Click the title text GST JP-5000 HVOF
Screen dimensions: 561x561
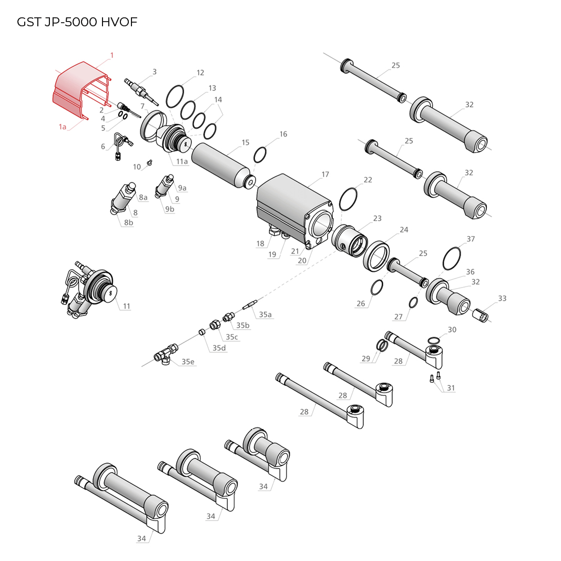(77, 22)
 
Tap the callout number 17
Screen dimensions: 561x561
(325, 174)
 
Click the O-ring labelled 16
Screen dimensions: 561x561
(260, 155)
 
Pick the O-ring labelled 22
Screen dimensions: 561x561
(348, 199)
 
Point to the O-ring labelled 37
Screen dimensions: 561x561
(452, 258)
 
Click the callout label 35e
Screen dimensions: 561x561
(188, 362)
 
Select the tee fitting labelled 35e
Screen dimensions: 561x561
(166, 354)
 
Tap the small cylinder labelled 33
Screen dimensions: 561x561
(480, 315)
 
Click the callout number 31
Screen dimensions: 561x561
(451, 388)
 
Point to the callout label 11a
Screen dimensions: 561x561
(182, 161)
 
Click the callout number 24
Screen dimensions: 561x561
(404, 230)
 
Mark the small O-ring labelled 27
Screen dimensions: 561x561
(413, 302)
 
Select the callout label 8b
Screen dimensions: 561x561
(128, 222)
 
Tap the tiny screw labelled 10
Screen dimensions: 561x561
(150, 163)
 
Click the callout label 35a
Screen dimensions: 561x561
(265, 314)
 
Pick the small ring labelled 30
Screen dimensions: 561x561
(434, 340)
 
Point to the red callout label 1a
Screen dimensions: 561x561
(63, 127)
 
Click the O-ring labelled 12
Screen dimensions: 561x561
(175, 96)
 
